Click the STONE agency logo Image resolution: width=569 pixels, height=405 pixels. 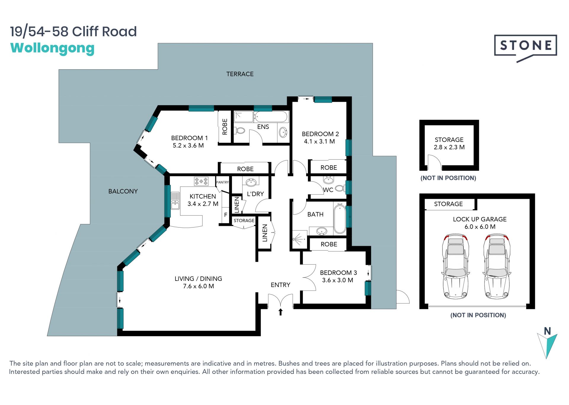(525, 48)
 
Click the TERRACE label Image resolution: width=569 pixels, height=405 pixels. (240, 74)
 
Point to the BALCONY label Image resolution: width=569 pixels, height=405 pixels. (123, 191)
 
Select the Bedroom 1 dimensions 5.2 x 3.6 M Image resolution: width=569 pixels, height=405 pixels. (188, 145)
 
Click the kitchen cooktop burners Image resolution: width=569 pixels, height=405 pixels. (201, 181)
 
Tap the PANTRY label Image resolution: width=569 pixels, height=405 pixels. (222, 182)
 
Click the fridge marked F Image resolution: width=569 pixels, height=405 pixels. (226, 215)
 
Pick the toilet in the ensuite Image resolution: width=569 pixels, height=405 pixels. (240, 130)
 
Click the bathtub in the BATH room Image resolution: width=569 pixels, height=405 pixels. (340, 219)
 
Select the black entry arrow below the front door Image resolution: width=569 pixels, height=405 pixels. (280, 312)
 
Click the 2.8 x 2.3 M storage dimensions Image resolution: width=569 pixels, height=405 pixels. (449, 147)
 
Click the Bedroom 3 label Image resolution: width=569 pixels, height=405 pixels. (338, 273)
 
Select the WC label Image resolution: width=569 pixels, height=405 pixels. (328, 190)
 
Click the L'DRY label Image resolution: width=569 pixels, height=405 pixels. (255, 194)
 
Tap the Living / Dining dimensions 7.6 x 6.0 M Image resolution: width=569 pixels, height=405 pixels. (198, 286)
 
